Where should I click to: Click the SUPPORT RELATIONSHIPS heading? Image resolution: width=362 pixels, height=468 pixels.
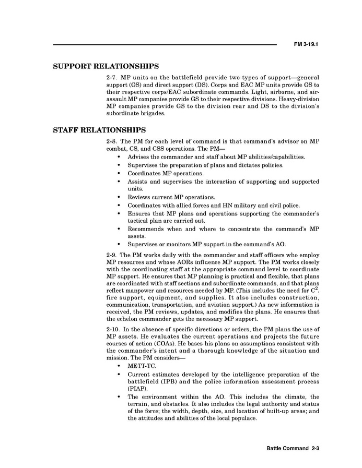point(106,67)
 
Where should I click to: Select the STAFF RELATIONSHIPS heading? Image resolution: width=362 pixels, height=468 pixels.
point(99,130)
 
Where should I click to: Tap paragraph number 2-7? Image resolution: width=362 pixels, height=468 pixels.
point(112,77)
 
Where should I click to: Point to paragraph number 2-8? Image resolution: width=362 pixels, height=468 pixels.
point(112,141)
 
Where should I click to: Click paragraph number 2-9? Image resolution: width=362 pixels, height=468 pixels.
point(112,255)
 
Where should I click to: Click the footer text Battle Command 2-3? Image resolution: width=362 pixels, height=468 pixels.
point(293,448)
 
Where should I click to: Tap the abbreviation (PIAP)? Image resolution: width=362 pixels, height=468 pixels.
point(137,389)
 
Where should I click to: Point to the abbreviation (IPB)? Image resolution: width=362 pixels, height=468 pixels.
point(169,382)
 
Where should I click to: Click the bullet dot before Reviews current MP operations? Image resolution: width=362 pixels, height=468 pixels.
point(120,198)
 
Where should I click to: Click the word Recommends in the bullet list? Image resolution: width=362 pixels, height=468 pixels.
point(146,229)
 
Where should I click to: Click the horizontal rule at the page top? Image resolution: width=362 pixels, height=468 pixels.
point(165,45)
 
